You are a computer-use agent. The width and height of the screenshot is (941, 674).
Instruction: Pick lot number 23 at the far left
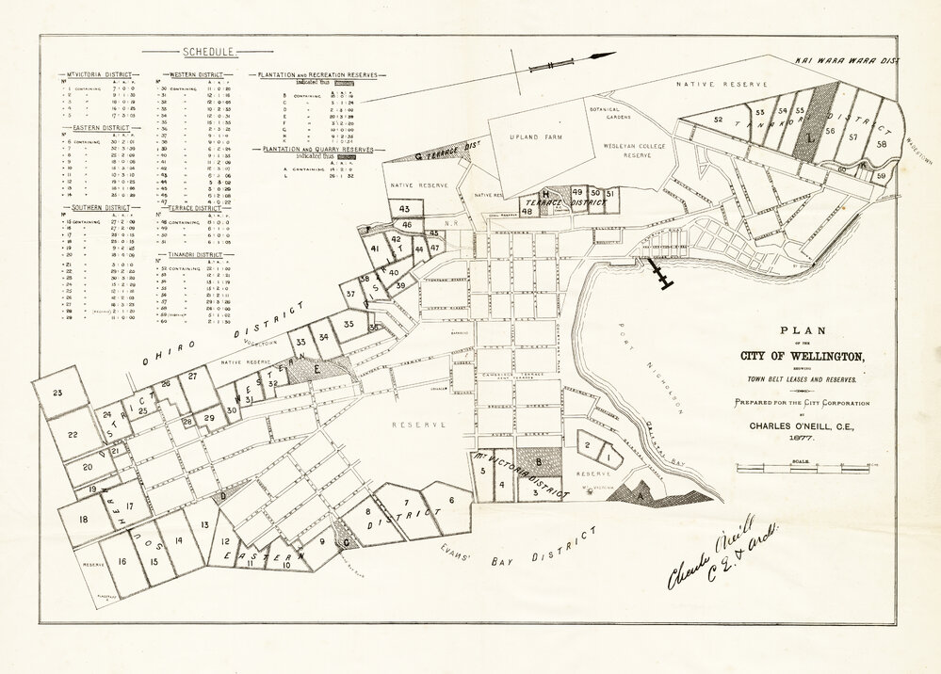coord(57,393)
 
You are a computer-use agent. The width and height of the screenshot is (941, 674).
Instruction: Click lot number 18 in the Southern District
coord(84,519)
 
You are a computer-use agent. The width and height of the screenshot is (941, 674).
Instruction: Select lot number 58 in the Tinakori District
coord(882,144)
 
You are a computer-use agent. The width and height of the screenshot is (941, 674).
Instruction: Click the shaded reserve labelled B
coord(538,462)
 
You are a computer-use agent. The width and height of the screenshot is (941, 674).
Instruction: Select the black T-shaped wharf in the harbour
coord(662,273)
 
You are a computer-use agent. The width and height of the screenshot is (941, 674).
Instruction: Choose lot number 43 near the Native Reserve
coord(405,208)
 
